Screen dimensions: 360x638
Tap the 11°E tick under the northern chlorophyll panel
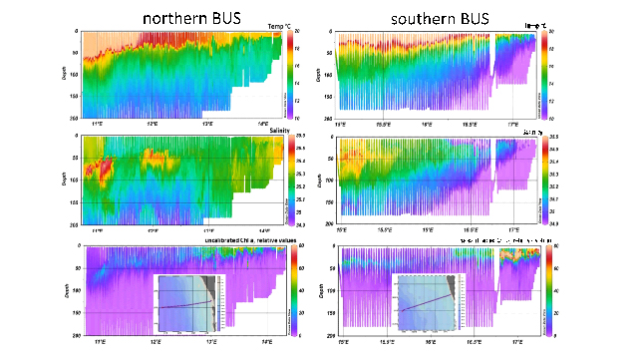pyautogui.click(x=98, y=340)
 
